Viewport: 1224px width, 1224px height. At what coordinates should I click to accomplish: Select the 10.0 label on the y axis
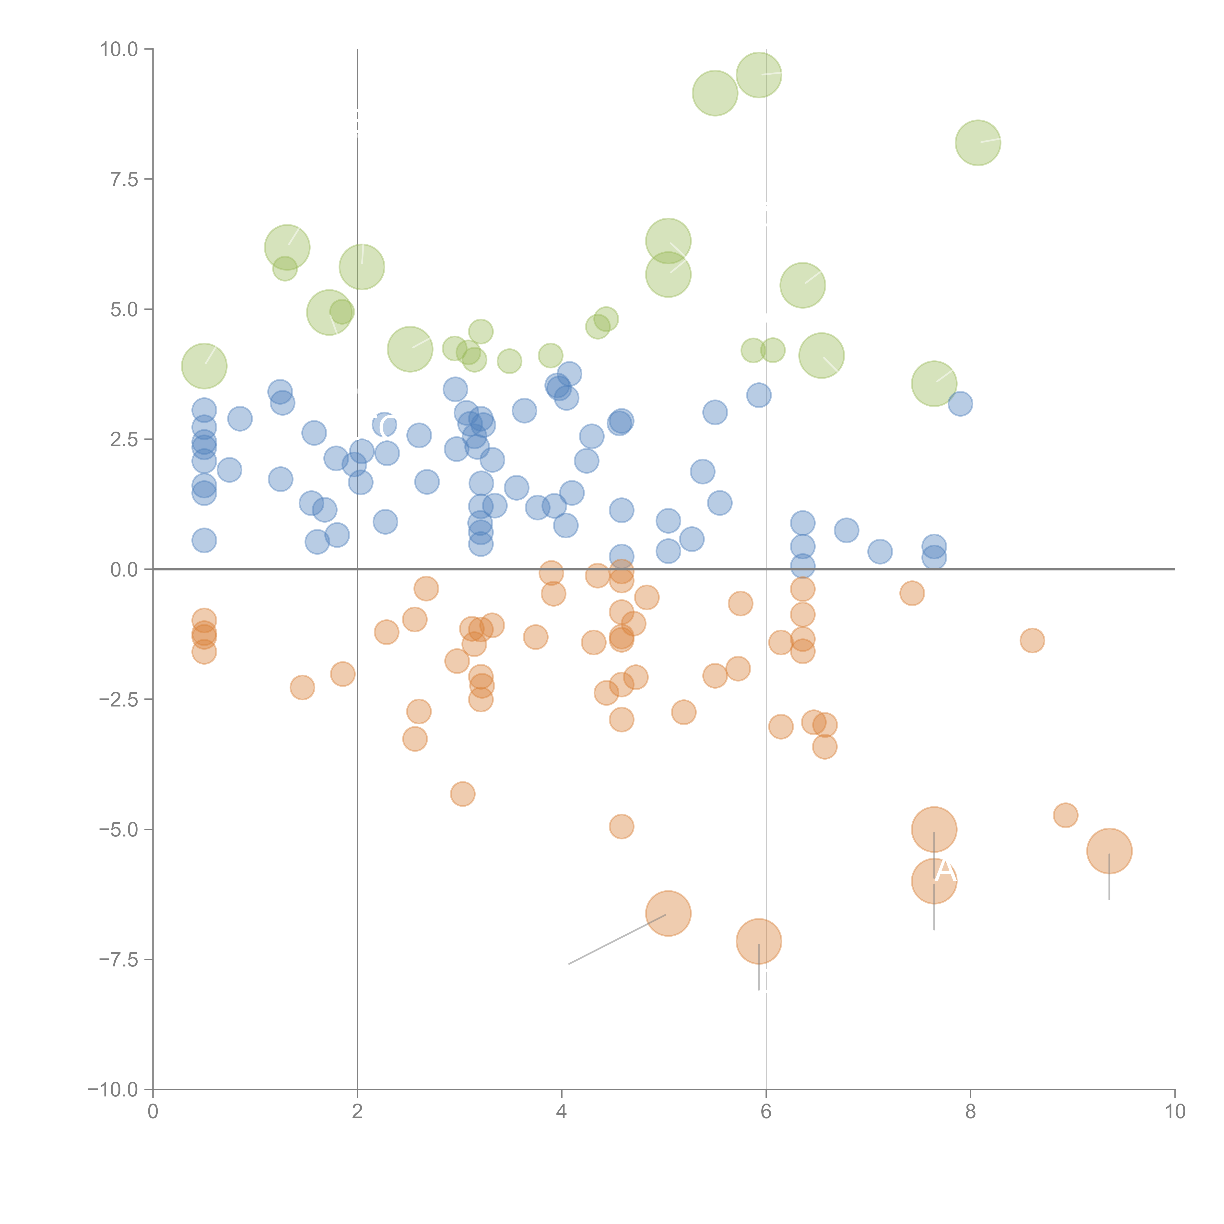(x=119, y=49)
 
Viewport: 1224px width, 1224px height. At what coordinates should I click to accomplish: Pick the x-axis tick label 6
(x=766, y=1112)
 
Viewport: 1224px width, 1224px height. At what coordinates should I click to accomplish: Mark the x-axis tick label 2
(x=357, y=1112)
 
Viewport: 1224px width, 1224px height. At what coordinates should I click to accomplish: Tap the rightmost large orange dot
(x=1109, y=851)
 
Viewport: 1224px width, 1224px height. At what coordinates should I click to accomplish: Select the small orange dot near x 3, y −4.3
(x=462, y=794)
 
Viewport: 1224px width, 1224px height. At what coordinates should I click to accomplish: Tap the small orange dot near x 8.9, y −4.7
(x=1066, y=815)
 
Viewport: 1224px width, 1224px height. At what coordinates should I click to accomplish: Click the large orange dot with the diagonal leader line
(x=668, y=913)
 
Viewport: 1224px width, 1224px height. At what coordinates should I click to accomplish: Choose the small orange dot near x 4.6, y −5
(x=622, y=826)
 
